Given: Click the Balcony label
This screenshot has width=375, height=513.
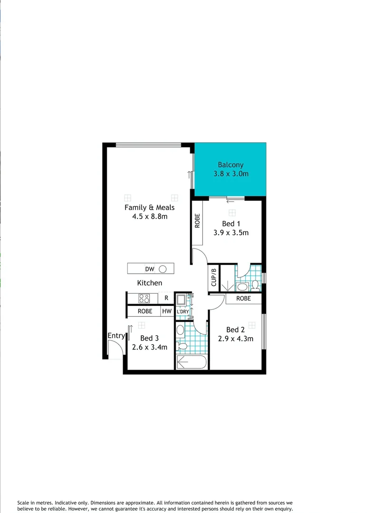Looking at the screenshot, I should click(x=231, y=165).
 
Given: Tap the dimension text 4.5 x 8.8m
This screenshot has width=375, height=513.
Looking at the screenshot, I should click(x=149, y=217).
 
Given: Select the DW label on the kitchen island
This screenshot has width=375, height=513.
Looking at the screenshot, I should click(x=150, y=269).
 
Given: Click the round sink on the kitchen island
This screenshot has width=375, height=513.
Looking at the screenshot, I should click(x=163, y=269).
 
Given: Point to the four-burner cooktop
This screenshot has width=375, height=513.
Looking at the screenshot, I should click(x=144, y=298).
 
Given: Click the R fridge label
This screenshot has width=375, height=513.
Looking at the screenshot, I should click(x=166, y=298).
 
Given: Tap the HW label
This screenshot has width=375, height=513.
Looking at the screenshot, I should click(x=167, y=312).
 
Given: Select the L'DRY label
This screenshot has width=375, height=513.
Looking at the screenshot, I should click(x=183, y=312).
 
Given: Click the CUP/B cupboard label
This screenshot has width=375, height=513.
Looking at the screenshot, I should click(x=214, y=279).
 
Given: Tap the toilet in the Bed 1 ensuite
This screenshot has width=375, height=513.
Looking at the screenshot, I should click(x=255, y=285).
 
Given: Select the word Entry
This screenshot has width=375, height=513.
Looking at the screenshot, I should click(x=116, y=336).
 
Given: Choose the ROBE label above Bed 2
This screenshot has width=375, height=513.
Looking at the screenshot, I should click(x=243, y=299).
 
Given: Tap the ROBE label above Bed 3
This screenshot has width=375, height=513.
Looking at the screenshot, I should click(x=145, y=312).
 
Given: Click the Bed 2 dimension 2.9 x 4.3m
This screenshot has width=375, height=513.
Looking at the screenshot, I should click(x=235, y=339).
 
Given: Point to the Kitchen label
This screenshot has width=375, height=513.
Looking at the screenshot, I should click(x=150, y=283).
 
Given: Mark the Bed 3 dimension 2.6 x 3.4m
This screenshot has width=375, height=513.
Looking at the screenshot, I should click(x=149, y=347).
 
